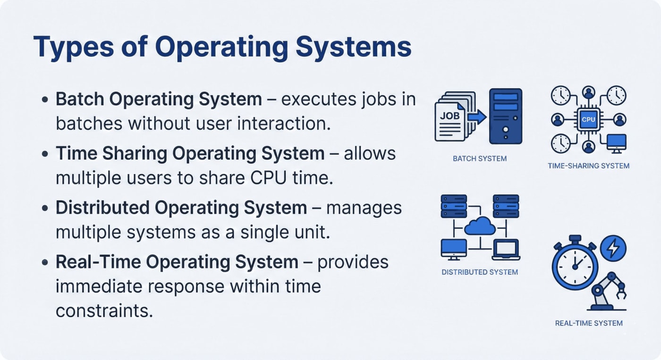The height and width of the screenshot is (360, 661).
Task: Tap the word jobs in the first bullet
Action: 373,100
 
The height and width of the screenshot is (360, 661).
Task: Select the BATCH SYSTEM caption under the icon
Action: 479,159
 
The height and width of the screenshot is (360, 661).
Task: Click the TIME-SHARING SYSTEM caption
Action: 588,166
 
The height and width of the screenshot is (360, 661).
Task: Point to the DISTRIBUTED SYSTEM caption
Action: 480,272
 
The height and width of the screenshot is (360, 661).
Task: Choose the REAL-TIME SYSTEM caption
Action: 588,323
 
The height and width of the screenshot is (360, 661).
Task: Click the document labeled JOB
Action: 449,121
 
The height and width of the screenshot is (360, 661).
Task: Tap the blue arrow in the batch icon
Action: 477,116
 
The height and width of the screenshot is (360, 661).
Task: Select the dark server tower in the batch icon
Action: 506,116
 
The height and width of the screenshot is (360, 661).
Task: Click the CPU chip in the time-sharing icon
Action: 588,119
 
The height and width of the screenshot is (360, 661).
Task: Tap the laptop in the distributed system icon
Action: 506,249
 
